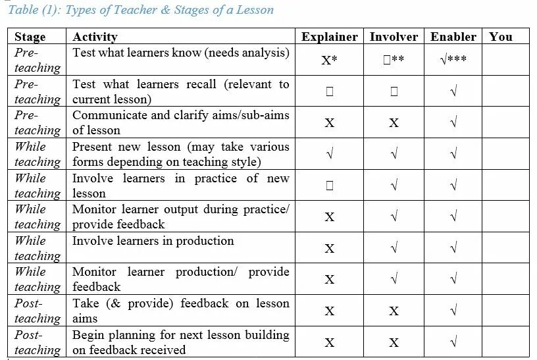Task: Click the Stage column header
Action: [30, 37]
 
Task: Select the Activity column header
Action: [95, 37]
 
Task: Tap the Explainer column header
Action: [329, 37]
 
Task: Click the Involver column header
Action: [394, 37]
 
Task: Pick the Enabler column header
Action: [453, 37]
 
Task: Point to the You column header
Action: [501, 37]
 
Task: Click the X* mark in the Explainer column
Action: [329, 60]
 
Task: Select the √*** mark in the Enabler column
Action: [453, 60]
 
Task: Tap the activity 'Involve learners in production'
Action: [153, 241]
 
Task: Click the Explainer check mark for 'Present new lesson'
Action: [329, 154]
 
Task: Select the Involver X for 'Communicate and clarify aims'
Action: [394, 123]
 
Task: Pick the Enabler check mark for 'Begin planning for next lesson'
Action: [453, 342]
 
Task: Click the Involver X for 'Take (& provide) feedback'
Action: [394, 311]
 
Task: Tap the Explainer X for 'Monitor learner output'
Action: [329, 217]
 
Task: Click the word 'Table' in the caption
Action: [23, 10]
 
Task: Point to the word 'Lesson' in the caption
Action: [253, 10]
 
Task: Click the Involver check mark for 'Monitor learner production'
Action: [394, 279]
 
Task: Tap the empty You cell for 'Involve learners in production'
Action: [505, 247]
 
